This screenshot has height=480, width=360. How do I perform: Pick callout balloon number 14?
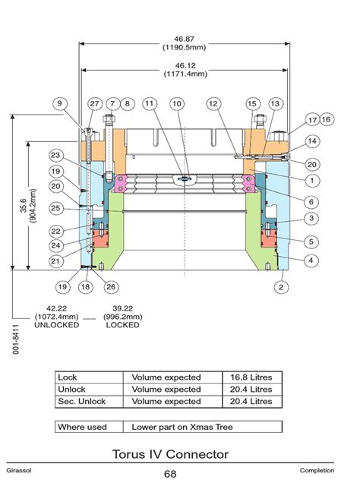point(312,141)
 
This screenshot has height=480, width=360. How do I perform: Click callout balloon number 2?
point(281,286)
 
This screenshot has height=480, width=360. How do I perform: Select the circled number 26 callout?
point(112,286)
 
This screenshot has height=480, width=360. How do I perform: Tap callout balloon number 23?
point(55,154)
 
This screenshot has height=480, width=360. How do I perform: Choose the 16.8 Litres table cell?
point(251,377)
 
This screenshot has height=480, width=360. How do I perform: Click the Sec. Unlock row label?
point(82,401)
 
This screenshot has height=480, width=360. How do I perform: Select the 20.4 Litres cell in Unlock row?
point(251,389)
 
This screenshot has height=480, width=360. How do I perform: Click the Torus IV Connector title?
point(180,454)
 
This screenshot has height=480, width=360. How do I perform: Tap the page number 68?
point(180,473)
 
